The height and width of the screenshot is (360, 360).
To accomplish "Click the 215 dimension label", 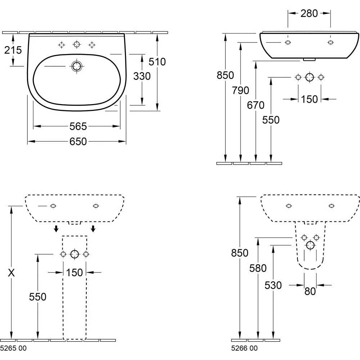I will point(13,50).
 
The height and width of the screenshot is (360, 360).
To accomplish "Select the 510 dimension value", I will point(158,62).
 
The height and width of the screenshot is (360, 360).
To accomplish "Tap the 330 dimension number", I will point(141,76).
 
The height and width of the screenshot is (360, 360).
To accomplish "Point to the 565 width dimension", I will point(78,126).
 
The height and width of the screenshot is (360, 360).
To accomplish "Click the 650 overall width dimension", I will point(78,141).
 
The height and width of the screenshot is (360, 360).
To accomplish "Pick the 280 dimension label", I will point(309,13).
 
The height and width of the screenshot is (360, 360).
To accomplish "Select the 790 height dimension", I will point(240,90).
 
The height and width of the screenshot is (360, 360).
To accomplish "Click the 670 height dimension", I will point(256,105).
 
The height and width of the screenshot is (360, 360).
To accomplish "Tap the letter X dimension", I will point(12,273).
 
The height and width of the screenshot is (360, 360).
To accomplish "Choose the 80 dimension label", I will point(310,291).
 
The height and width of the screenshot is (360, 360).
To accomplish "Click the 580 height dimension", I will point(258,268).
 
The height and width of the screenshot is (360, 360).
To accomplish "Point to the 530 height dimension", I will point(273,285).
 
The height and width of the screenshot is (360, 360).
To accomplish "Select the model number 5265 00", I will point(14,348).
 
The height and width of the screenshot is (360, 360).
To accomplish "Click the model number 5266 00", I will point(244,348).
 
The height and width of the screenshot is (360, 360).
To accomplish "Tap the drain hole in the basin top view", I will point(76,66).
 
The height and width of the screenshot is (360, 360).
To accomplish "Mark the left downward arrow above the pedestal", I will point(56,229).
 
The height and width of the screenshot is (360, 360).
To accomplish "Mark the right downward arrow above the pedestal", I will point(93,229).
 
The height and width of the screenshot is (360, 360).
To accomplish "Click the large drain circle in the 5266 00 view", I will point(310,246).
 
